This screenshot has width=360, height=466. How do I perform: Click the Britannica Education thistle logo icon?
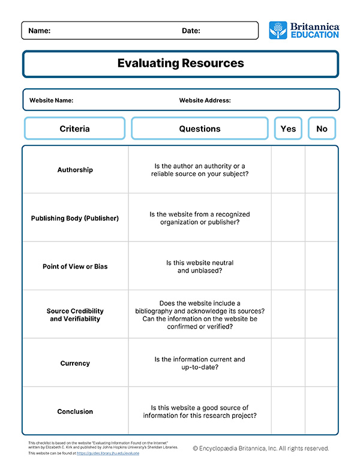pos(278,30)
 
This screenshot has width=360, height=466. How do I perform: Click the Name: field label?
pos(40,31)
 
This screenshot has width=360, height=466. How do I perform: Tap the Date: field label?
pos(191,31)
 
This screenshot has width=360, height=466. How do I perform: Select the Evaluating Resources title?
pos(181,63)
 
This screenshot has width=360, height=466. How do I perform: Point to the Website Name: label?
pos(51,100)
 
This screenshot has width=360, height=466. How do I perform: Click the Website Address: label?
pos(205,100)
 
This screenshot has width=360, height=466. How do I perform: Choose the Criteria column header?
pos(74,129)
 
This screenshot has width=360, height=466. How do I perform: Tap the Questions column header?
pos(200,129)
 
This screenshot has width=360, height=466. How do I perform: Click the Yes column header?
pos(288,129)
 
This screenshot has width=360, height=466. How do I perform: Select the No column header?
pos(322,129)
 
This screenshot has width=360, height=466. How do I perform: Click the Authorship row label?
pos(75,170)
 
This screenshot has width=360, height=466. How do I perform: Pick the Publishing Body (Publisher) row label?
pos(75,218)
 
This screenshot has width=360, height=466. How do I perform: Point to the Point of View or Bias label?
pos(75,266)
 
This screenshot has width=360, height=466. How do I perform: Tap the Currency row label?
pos(75,363)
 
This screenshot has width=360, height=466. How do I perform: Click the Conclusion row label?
pos(75,411)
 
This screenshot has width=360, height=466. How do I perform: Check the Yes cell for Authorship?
pos(288,170)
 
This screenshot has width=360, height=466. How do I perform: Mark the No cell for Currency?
pos(322,363)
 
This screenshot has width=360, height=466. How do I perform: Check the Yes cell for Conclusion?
pos(288,411)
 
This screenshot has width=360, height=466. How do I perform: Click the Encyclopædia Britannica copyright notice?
pos(261,448)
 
